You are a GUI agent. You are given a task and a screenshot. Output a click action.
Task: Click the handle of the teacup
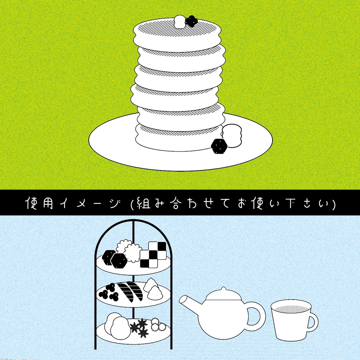(313, 321)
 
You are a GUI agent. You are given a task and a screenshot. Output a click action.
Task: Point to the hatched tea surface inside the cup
(291, 309)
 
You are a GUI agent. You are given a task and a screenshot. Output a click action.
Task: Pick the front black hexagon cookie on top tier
(119, 261)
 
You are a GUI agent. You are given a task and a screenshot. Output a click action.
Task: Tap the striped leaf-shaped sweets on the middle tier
(130, 291)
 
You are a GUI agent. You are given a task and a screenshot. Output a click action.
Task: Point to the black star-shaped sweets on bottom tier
(140, 328)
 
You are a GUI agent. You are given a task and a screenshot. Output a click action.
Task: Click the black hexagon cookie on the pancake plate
(219, 146)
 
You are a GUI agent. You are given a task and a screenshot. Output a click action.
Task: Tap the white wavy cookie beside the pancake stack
(232, 135)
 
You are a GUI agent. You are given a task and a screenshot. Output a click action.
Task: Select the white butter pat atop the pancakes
(180, 21)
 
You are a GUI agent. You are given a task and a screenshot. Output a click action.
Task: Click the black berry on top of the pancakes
(191, 21)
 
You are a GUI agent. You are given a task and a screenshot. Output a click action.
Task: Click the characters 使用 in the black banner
(40, 204)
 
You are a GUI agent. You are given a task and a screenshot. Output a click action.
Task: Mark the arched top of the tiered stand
(134, 222)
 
